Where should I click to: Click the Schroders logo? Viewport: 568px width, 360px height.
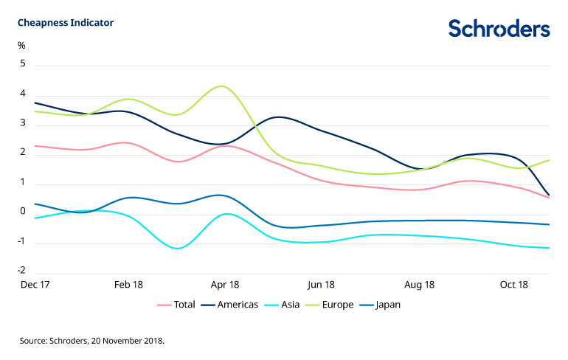(x=499, y=28)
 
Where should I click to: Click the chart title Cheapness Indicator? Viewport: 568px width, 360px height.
(x=66, y=22)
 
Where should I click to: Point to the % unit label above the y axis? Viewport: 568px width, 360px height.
(x=21, y=46)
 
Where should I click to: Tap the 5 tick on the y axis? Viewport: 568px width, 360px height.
(x=23, y=64)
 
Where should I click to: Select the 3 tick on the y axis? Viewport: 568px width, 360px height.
(x=23, y=124)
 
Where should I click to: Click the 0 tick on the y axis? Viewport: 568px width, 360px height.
(x=23, y=212)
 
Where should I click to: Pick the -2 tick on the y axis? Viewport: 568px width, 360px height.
(x=21, y=271)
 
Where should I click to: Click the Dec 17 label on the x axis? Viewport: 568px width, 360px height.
(x=34, y=284)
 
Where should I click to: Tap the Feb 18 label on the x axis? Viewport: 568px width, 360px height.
(x=128, y=284)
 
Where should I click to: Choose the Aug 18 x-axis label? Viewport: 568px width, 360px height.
(x=419, y=284)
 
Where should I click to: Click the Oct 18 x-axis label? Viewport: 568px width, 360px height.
(x=514, y=284)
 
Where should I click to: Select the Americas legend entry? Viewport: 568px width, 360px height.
(x=237, y=305)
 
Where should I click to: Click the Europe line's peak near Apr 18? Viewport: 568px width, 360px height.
(x=221, y=86)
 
